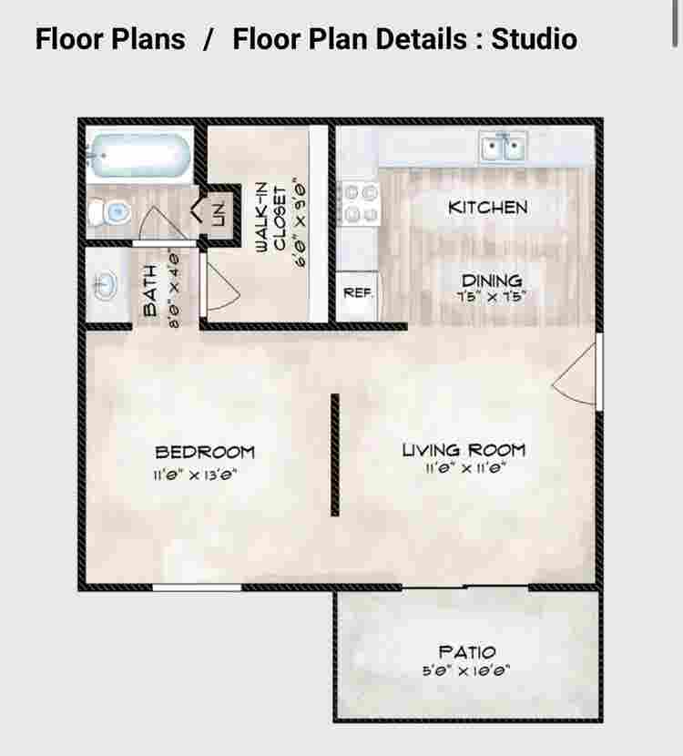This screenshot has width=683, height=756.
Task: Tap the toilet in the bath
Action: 110,213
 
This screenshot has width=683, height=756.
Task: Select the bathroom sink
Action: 104,286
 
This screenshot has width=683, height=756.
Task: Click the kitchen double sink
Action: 504,146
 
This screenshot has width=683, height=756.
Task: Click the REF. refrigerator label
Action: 354,293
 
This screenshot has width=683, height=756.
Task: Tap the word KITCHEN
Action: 487,208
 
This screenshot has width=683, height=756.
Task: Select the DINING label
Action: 491,281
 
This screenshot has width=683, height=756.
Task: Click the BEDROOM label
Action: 205,452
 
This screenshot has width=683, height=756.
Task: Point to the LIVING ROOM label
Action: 464,450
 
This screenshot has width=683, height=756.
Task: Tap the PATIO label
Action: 467,652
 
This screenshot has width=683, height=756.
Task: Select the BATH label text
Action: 150,291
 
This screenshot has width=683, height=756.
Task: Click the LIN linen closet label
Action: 218,215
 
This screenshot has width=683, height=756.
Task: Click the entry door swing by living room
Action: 576,374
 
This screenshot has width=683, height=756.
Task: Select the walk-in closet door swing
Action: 219,286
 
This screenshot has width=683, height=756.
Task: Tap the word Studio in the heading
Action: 534,39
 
